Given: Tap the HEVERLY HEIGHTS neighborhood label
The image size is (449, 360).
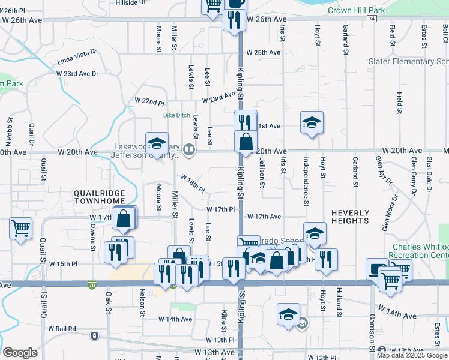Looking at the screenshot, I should (x=350, y=217).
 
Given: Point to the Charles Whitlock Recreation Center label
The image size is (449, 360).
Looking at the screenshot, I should (x=420, y=251).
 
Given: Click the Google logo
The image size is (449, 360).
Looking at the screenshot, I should (x=20, y=352).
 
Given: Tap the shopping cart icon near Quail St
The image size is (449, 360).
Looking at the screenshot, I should (x=21, y=228).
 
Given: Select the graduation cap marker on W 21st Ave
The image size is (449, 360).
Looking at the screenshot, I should (x=312, y=123).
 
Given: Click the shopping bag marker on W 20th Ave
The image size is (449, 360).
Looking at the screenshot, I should (x=246, y=143).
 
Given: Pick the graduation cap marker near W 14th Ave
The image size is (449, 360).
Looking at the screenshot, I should (x=288, y=314).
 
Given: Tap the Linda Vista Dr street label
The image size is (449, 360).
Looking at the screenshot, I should (x=77, y=57).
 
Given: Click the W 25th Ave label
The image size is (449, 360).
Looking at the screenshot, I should (x=264, y=53).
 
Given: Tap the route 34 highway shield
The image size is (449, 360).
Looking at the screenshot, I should (x=372, y=19).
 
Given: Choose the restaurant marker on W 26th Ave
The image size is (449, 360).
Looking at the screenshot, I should (x=234, y=20).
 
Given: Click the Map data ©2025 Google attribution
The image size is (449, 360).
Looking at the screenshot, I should (x=412, y=355).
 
